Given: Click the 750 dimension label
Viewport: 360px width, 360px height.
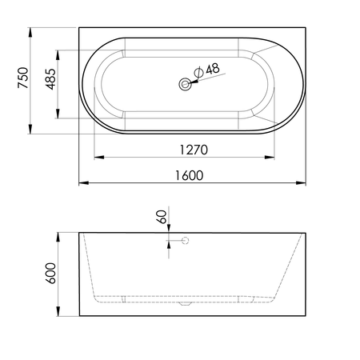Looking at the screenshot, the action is pyautogui.click(x=23, y=78).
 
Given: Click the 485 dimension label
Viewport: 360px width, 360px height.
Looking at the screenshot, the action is pyautogui.click(x=50, y=79).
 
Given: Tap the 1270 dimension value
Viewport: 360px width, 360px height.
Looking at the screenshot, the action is pyautogui.click(x=194, y=150).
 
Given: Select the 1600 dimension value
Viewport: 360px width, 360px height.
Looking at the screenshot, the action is pyautogui.click(x=189, y=175).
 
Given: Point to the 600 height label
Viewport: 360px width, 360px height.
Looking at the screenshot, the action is pyautogui.click(x=50, y=274).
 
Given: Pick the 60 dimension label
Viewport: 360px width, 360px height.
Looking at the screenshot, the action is pyautogui.click(x=162, y=217).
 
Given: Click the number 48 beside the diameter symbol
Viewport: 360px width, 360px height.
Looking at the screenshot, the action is pyautogui.click(x=213, y=69).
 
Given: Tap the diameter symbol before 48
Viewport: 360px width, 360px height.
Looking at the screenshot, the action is pyautogui.click(x=198, y=72).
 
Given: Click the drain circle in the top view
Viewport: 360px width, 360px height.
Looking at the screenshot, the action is pyautogui.click(x=185, y=84).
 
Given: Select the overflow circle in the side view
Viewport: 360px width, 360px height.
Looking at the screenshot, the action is pyautogui.click(x=186, y=241).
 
